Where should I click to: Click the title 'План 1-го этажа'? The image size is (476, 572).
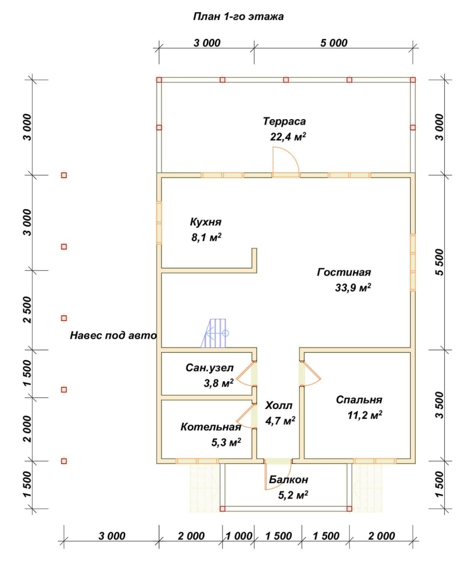pyautogui.click(x=238, y=17)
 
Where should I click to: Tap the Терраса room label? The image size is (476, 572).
pyautogui.click(x=285, y=121)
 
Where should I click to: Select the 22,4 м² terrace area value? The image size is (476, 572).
pyautogui.click(x=288, y=137)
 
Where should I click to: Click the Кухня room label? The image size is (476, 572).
pyautogui.click(x=205, y=222)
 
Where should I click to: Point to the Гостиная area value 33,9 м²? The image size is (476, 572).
pyautogui.click(x=353, y=288)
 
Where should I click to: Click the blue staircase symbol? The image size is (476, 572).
pyautogui.click(x=215, y=333)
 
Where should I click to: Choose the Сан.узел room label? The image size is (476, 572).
pyautogui.click(x=209, y=368)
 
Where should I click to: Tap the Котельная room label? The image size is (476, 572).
pyautogui.click(x=211, y=427)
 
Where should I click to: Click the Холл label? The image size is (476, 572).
pyautogui.click(x=279, y=405)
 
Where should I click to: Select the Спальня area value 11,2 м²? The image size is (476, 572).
pyautogui.click(x=364, y=416)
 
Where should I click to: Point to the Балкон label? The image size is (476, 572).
pyautogui.click(x=288, y=479)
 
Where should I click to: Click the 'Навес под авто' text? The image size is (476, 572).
pyautogui.click(x=113, y=335)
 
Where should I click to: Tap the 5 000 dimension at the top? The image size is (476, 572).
pyautogui.click(x=334, y=43)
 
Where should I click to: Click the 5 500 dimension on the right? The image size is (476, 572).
pyautogui.click(x=440, y=262)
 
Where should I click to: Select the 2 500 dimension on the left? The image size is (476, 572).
pyautogui.click(x=28, y=310)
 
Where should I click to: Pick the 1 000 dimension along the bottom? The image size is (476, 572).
pyautogui.click(x=239, y=536)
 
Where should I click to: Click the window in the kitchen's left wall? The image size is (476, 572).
pyautogui.click(x=159, y=222)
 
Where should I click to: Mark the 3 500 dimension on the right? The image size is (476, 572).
pyautogui.click(x=440, y=405)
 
